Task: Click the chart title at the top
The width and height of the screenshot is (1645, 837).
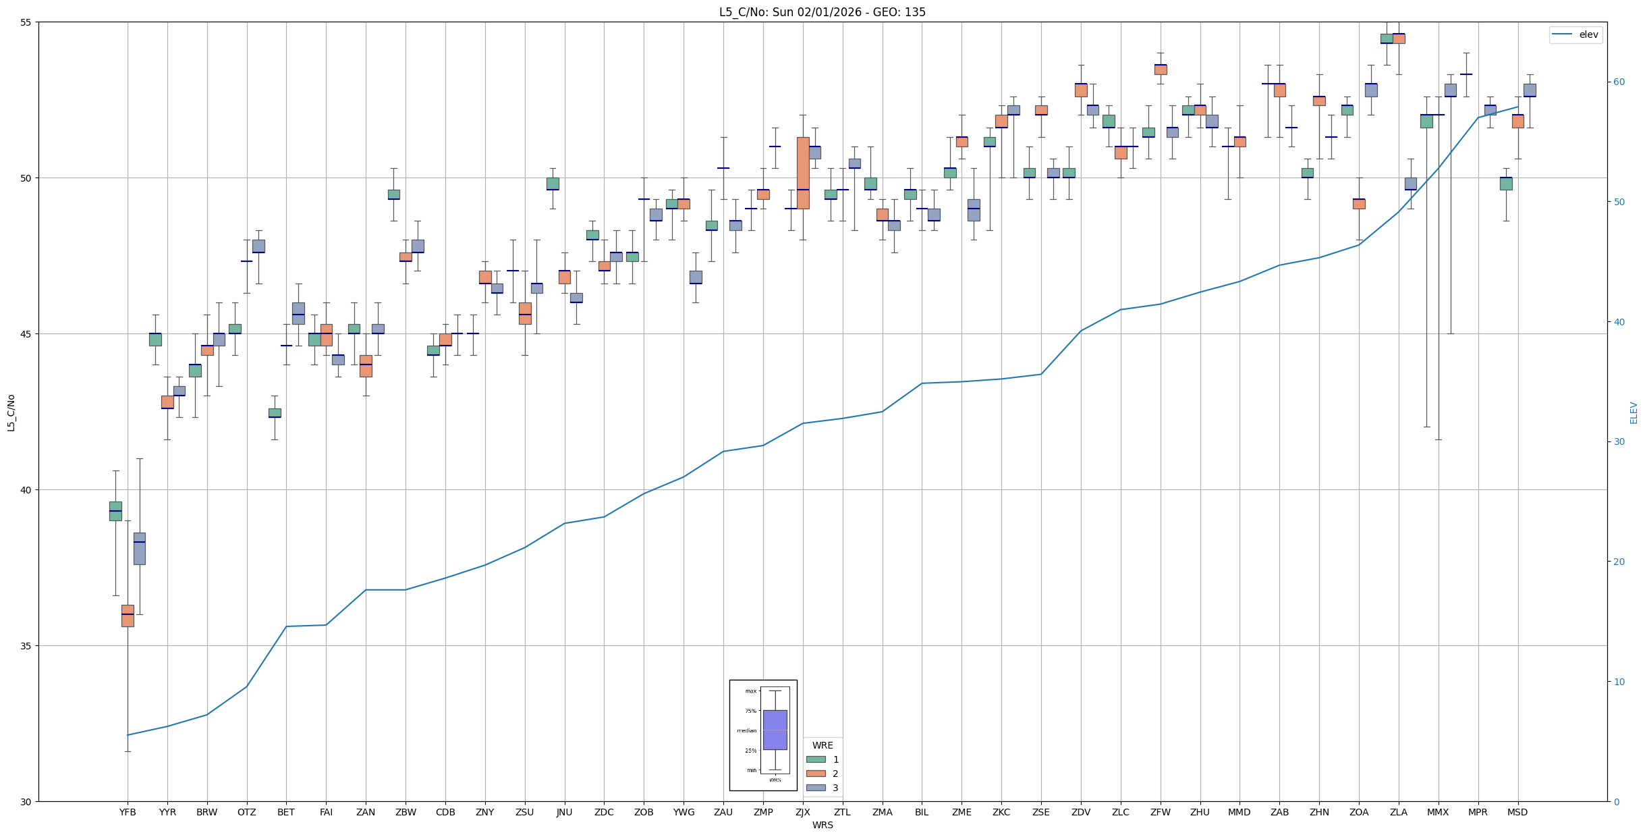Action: (x=822, y=12)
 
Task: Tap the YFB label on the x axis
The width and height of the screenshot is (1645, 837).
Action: (x=128, y=812)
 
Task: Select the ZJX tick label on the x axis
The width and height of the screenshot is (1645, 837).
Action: (x=802, y=812)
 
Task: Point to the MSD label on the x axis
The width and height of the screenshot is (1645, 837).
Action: (x=1517, y=812)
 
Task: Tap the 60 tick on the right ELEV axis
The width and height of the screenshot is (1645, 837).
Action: (x=1619, y=82)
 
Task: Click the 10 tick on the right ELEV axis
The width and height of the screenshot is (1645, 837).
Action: (x=1619, y=682)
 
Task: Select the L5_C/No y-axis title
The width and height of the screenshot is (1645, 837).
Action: (x=11, y=413)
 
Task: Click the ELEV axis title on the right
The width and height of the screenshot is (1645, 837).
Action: (x=1634, y=413)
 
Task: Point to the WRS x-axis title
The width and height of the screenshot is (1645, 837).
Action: (x=822, y=825)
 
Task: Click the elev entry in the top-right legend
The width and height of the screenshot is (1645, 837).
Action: (x=1588, y=35)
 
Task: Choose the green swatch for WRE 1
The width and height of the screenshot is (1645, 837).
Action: (x=816, y=759)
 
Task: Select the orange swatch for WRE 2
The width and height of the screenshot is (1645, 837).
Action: (x=816, y=774)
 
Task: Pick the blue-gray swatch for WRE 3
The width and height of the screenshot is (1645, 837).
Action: (x=816, y=788)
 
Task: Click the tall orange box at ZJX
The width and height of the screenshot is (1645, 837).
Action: (x=803, y=173)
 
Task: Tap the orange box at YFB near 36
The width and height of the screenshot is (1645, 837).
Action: (x=128, y=616)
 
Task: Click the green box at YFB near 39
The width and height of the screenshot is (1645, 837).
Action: (x=115, y=511)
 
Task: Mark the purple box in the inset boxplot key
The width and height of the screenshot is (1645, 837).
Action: (x=775, y=730)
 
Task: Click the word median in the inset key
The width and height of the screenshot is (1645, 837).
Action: (x=746, y=731)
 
